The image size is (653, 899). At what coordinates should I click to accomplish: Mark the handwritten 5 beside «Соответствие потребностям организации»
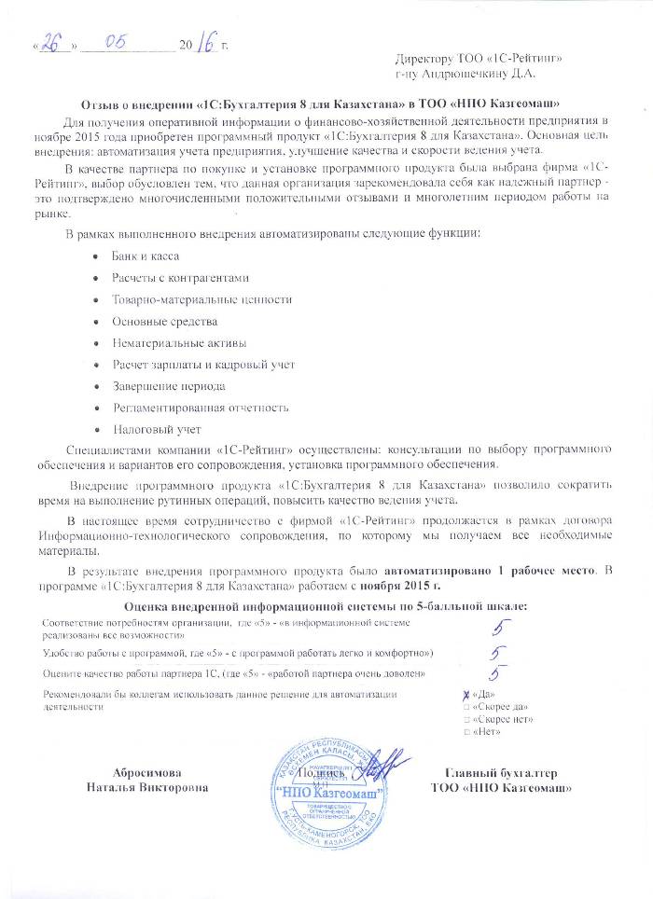501,629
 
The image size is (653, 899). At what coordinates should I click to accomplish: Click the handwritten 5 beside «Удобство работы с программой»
501,653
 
